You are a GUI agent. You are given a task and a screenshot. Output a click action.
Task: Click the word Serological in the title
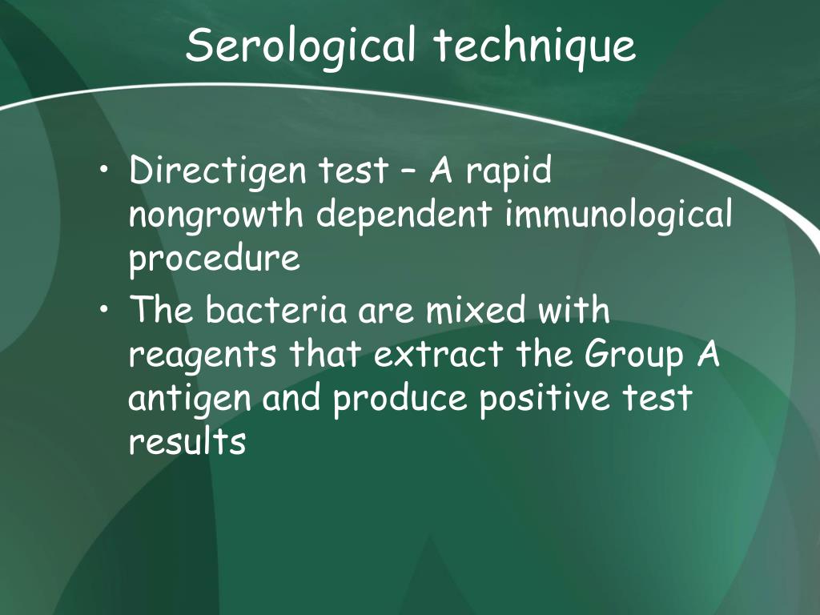pyautogui.click(x=301, y=46)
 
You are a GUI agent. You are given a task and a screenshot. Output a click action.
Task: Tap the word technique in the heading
pyautogui.click(x=535, y=46)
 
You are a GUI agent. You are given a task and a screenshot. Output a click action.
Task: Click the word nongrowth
pyautogui.click(x=216, y=215)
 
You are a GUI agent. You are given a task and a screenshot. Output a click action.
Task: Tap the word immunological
pyautogui.click(x=619, y=215)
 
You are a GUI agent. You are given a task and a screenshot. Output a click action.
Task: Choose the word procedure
pyautogui.click(x=215, y=259)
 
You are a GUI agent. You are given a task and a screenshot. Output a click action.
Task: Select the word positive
pyautogui.click(x=545, y=398)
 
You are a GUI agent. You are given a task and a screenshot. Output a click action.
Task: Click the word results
pyautogui.click(x=187, y=441)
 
